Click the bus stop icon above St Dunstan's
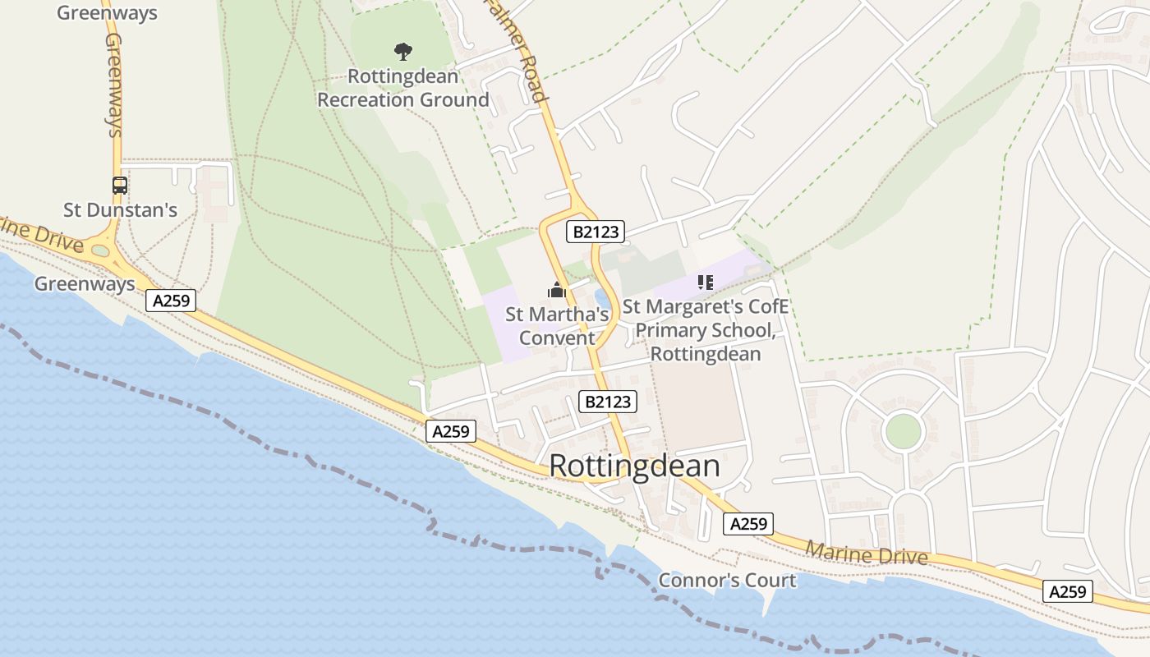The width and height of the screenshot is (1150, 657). tap(120, 186)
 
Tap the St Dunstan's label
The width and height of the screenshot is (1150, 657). tap(120, 210)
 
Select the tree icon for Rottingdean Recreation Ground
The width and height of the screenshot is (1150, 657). tap(402, 52)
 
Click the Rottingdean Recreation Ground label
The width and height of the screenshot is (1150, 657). tap(402, 88)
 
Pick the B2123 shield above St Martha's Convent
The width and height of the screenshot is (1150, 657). tap(596, 232)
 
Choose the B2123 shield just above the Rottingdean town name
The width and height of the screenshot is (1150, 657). tap(609, 402)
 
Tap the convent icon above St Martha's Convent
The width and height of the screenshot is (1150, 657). tap(557, 290)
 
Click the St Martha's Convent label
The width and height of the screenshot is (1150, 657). tap(557, 326)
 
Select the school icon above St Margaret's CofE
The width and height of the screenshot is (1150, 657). tap(705, 283)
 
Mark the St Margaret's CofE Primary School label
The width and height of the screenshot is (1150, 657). tap(706, 330)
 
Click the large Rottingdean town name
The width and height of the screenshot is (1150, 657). tap(634, 466)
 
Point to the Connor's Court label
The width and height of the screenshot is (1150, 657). tap(727, 581)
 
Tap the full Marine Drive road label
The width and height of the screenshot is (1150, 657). tap(866, 554)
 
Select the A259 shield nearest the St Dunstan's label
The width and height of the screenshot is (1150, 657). tap(172, 301)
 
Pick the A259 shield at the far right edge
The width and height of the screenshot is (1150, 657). tap(1068, 590)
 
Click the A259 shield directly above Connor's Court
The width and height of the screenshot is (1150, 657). tap(748, 524)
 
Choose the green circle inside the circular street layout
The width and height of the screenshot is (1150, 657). tap(903, 431)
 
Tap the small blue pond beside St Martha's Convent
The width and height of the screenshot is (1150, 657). tap(602, 298)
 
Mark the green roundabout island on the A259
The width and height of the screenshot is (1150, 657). tap(100, 250)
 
